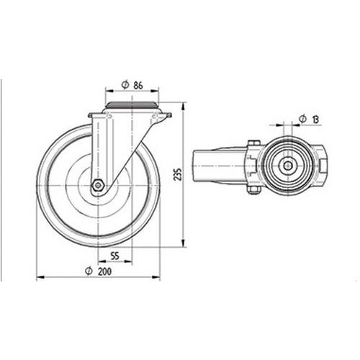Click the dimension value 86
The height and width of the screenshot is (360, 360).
(x=138, y=86)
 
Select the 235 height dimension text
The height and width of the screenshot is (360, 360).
(x=178, y=174)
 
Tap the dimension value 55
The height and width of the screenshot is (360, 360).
(x=114, y=256)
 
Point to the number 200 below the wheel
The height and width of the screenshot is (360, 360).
(x=104, y=271)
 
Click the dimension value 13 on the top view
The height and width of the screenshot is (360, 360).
(x=315, y=120)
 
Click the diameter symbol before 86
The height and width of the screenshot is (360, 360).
(x=125, y=85)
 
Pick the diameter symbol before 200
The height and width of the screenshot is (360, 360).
(x=89, y=271)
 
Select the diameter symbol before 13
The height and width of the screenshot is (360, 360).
(x=303, y=119)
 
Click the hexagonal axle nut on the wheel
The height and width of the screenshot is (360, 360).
(x=98, y=185)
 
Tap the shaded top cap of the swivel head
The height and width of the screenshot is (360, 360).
(x=132, y=105)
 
